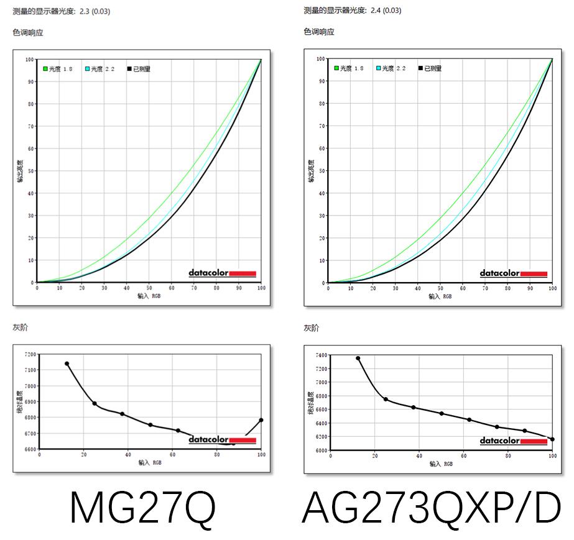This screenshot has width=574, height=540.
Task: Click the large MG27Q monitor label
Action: tap(142, 508)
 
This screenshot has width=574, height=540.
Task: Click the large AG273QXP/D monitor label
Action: tap(431, 508)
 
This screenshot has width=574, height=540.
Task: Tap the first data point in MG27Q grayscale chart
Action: tap(67, 364)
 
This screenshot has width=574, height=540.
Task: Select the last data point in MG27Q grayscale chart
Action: tap(261, 420)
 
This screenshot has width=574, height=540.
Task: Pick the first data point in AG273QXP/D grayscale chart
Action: tap(358, 358)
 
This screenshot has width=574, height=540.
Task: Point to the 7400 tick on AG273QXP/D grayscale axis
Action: tap(321, 355)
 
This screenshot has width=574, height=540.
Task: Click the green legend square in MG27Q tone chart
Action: tap(45, 69)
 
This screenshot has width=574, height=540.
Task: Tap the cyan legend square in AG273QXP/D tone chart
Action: tap(378, 68)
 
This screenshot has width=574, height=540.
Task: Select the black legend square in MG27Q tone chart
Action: tap(129, 69)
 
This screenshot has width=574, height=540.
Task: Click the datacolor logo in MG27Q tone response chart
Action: tap(222, 273)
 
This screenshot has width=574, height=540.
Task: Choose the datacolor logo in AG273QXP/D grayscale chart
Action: tap(513, 441)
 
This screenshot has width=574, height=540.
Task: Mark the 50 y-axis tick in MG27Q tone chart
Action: tap(30, 171)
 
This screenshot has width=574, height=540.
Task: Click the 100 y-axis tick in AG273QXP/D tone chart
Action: tap(321, 59)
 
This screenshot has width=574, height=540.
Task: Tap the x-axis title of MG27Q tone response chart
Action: tap(149, 296)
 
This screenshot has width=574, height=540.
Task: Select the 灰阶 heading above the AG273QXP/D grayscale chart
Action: tap(312, 327)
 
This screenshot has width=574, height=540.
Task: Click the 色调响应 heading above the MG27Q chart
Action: tap(28, 32)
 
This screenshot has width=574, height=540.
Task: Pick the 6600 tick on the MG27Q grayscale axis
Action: tap(30, 449)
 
